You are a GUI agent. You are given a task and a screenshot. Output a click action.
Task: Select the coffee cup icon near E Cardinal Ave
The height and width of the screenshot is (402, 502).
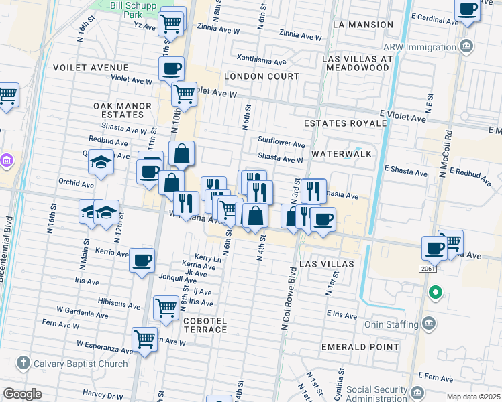pos(468,9)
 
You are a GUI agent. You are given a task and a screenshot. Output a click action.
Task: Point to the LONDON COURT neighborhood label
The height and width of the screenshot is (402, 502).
pos(261,76)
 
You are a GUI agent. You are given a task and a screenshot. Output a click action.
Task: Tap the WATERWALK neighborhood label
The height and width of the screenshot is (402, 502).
pos(341,153)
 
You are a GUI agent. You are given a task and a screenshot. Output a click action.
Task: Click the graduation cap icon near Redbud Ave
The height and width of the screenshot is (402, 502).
pos(101,163)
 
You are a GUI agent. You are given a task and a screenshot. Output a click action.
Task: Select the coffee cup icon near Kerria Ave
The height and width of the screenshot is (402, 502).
pos(142,260)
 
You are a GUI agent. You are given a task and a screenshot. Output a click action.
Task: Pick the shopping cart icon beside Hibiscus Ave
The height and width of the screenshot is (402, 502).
pos(166,308)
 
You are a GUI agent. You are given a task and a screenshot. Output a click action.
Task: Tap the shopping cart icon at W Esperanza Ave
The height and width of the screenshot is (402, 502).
pos(144,339)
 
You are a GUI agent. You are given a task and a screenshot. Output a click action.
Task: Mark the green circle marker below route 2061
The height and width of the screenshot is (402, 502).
pos(435,292)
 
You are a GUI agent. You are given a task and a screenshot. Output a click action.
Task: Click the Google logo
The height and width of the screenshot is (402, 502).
pos(23,394)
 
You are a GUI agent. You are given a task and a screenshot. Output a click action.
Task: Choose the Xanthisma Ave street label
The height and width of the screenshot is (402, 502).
pos(261,61)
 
